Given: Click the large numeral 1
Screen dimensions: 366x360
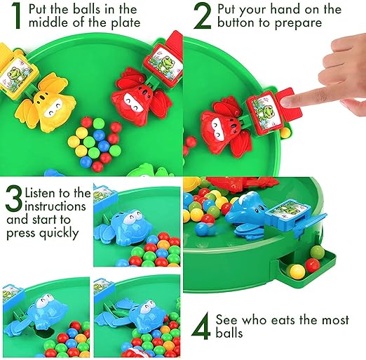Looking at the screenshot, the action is click(x=16, y=15).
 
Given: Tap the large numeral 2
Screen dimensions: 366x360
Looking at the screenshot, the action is click(x=203, y=16).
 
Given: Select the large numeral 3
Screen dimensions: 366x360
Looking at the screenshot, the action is click(x=15, y=199).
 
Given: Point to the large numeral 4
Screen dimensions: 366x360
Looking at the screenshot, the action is click(x=201, y=326).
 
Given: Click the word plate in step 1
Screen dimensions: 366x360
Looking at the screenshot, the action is click(x=126, y=22).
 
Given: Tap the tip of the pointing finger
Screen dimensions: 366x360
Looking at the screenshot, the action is click(x=284, y=102).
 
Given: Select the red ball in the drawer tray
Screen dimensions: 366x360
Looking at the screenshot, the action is click(x=312, y=265).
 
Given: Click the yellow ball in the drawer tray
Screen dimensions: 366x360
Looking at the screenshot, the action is click(x=297, y=272).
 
